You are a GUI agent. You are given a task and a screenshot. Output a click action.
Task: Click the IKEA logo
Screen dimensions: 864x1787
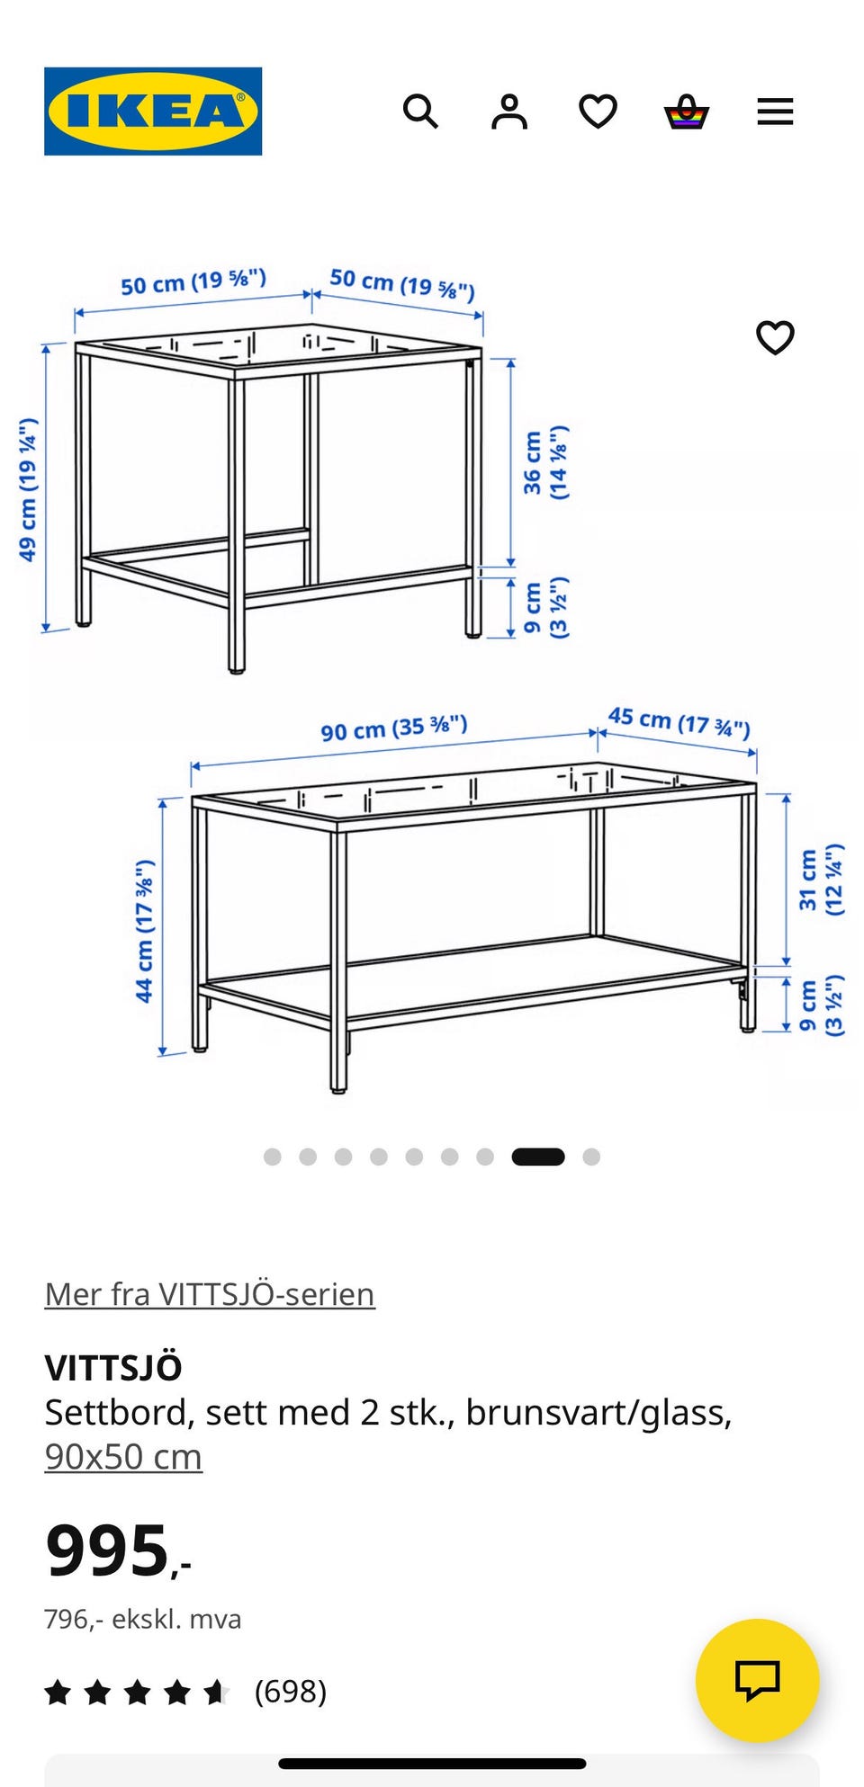(153, 112)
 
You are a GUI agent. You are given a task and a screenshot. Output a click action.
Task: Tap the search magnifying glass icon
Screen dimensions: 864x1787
(420, 112)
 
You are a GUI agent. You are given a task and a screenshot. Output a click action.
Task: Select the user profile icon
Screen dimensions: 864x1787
(508, 112)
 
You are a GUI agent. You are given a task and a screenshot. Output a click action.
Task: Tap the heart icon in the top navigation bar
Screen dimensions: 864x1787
(598, 112)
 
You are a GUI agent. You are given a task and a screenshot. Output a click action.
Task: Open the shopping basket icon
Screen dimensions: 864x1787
(687, 112)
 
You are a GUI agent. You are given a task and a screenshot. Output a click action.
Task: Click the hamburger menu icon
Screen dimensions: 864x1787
(775, 112)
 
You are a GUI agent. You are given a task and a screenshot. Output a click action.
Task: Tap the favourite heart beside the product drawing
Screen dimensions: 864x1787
(775, 338)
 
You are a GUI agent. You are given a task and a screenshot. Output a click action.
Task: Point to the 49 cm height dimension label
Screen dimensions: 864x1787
(28, 489)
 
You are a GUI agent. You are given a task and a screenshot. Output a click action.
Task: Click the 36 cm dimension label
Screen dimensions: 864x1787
(545, 462)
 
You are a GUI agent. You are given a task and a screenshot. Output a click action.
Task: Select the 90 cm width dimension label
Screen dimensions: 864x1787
(394, 728)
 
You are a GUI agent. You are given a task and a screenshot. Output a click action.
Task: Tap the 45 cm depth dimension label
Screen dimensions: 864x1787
(679, 721)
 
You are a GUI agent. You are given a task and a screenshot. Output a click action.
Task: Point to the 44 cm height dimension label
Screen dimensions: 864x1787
(144, 931)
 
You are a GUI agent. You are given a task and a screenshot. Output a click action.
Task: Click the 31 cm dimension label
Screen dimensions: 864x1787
(821, 880)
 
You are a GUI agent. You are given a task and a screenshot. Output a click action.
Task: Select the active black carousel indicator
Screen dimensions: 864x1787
(538, 1157)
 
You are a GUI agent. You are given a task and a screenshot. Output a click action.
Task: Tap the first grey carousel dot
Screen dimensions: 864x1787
(272, 1157)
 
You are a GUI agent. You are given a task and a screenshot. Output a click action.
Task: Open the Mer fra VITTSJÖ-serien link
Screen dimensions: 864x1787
(210, 1294)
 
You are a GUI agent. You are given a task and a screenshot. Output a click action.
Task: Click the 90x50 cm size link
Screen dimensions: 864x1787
(123, 1457)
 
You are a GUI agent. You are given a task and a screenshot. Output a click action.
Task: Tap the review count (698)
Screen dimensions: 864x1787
(290, 1692)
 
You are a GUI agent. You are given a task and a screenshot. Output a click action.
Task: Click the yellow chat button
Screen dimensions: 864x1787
(758, 1680)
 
